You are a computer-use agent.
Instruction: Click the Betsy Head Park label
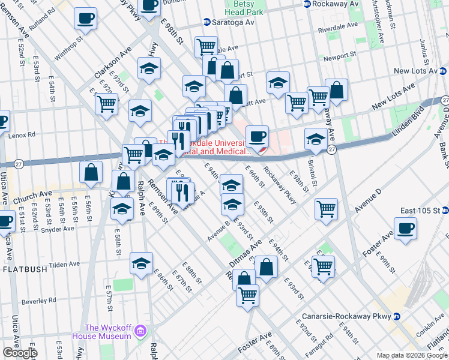tap(244, 7)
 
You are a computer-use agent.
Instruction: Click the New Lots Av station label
tap(417, 71)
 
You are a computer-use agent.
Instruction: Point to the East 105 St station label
tap(424, 211)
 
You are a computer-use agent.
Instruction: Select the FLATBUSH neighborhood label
tap(25, 269)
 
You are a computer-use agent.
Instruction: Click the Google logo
tap(19, 352)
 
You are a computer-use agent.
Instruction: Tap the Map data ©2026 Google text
tap(412, 356)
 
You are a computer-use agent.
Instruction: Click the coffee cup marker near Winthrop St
tap(85, 18)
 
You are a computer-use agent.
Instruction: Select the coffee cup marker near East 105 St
tap(405, 229)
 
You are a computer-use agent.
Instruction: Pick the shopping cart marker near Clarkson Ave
tap(106, 103)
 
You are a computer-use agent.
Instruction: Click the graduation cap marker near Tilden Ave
tap(142, 264)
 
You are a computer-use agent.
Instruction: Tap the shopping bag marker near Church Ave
tap(91, 172)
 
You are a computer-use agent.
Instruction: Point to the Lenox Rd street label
tap(22, 135)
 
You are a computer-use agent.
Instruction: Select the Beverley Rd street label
tap(39, 299)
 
